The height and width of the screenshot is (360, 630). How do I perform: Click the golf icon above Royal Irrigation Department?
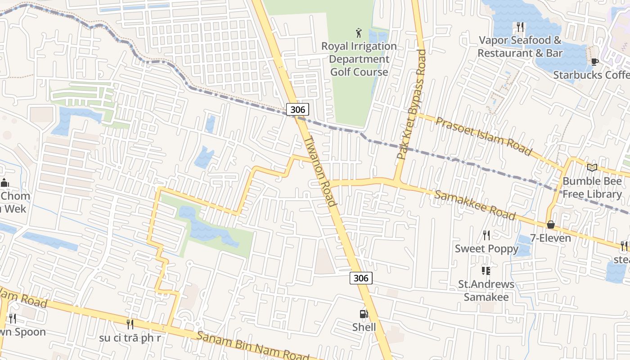(x=359, y=33)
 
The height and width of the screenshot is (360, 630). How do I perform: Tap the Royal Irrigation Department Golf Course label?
(x=359, y=59)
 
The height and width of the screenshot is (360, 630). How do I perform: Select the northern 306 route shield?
(x=297, y=109)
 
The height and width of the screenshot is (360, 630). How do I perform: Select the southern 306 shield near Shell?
(x=361, y=278)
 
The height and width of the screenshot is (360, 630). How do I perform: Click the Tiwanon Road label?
(x=320, y=171)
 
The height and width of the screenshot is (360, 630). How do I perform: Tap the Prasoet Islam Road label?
(x=484, y=135)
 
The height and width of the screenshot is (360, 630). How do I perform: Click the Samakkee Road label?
(x=475, y=205)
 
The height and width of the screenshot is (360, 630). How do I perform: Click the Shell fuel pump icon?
(x=363, y=314)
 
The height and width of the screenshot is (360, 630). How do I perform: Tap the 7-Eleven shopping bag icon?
(x=550, y=225)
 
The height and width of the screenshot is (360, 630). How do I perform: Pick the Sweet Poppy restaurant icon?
(x=486, y=235)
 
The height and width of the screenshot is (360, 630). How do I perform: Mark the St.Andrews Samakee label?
(x=486, y=291)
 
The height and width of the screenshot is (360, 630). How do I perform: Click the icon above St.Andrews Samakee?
(x=486, y=270)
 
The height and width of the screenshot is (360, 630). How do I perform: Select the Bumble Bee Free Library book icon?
(x=592, y=167)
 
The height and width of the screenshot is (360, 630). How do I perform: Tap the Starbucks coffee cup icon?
(x=594, y=62)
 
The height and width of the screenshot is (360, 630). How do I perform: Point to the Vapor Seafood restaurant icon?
(x=520, y=27)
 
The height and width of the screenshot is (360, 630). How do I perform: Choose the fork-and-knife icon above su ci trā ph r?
(x=130, y=324)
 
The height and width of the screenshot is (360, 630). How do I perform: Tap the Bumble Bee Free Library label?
(x=592, y=188)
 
